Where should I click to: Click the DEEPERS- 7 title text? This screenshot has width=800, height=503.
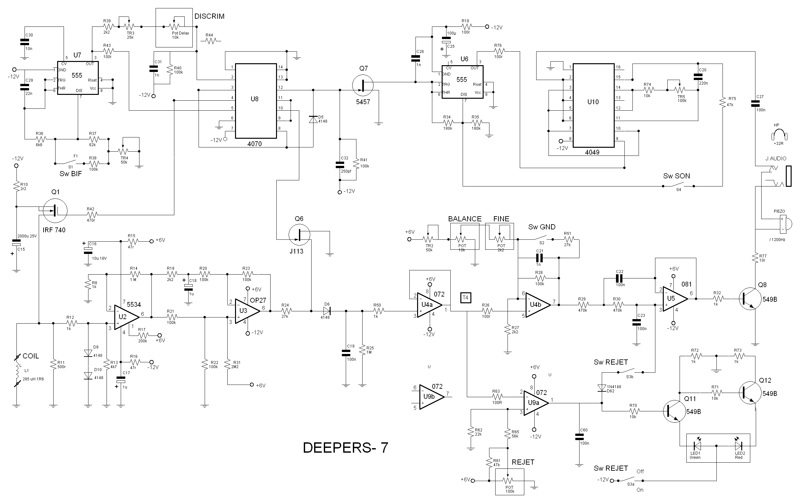tap(345, 448)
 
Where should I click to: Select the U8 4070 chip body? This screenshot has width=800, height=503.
tap(255, 101)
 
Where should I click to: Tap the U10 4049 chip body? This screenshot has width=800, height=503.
tap(593, 105)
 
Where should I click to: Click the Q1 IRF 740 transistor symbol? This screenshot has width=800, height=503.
tap(55, 210)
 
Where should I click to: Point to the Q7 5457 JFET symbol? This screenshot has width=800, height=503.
tap(363, 85)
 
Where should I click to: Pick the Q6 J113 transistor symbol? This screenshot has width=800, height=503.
tap(299, 235)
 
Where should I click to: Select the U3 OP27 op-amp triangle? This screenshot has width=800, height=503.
tap(246, 311)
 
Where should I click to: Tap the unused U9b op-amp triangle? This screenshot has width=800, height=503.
tap(431, 397)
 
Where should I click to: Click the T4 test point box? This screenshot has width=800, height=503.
tap(465, 297)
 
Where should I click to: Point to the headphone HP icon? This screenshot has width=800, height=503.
tap(779, 135)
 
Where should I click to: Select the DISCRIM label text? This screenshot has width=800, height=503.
tap(209, 16)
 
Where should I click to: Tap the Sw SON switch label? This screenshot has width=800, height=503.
tap(676, 176)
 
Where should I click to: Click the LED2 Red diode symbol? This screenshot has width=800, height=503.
tap(738, 446)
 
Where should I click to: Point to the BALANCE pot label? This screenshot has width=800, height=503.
tap(465, 219)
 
